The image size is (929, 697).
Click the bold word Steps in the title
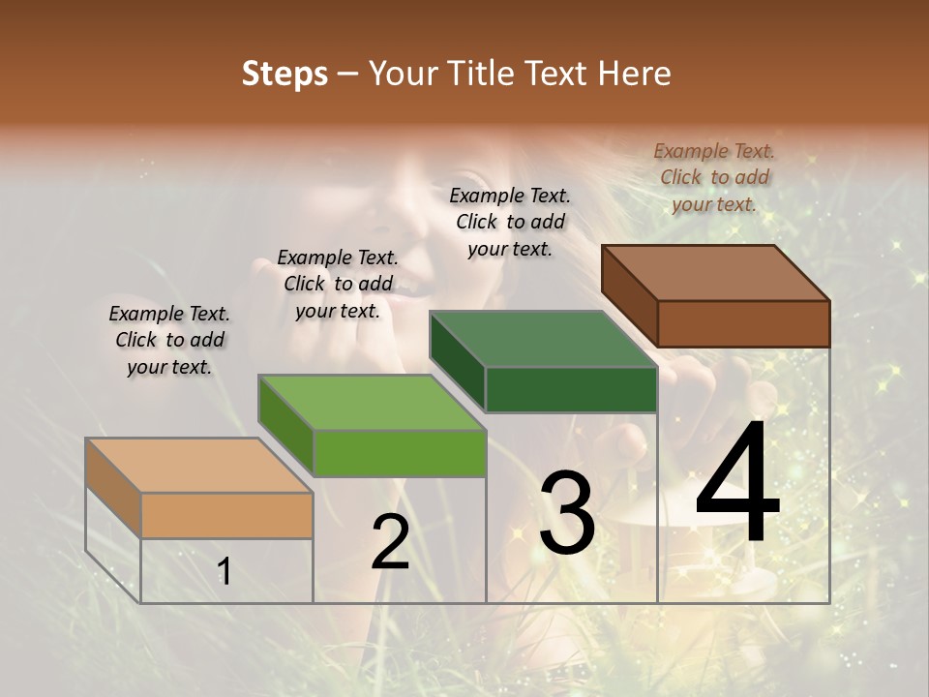(285, 74)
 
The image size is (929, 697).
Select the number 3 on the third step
(566, 513)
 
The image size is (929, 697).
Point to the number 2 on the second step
(390, 542)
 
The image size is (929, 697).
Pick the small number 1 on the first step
(225, 572)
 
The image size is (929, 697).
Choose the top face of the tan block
(199, 465)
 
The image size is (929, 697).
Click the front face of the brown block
(743, 323)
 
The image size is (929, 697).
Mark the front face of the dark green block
(571, 390)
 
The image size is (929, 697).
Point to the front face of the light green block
(400, 453)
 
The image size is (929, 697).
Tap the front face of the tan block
(227, 515)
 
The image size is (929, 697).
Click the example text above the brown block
(714, 177)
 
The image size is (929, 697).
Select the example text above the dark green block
(510, 222)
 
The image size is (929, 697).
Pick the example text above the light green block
(338, 284)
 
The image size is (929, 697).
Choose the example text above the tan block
(169, 340)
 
